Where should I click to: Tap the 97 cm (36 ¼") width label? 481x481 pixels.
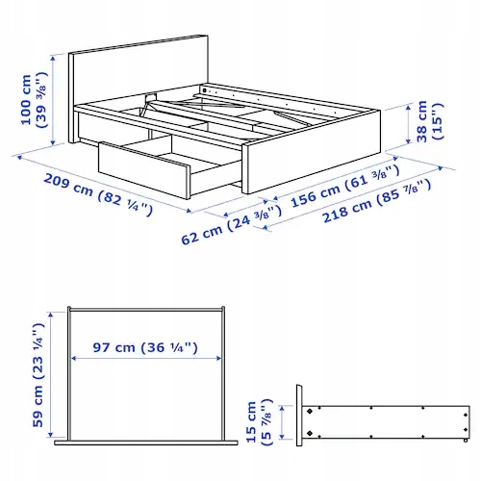point(145,347)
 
